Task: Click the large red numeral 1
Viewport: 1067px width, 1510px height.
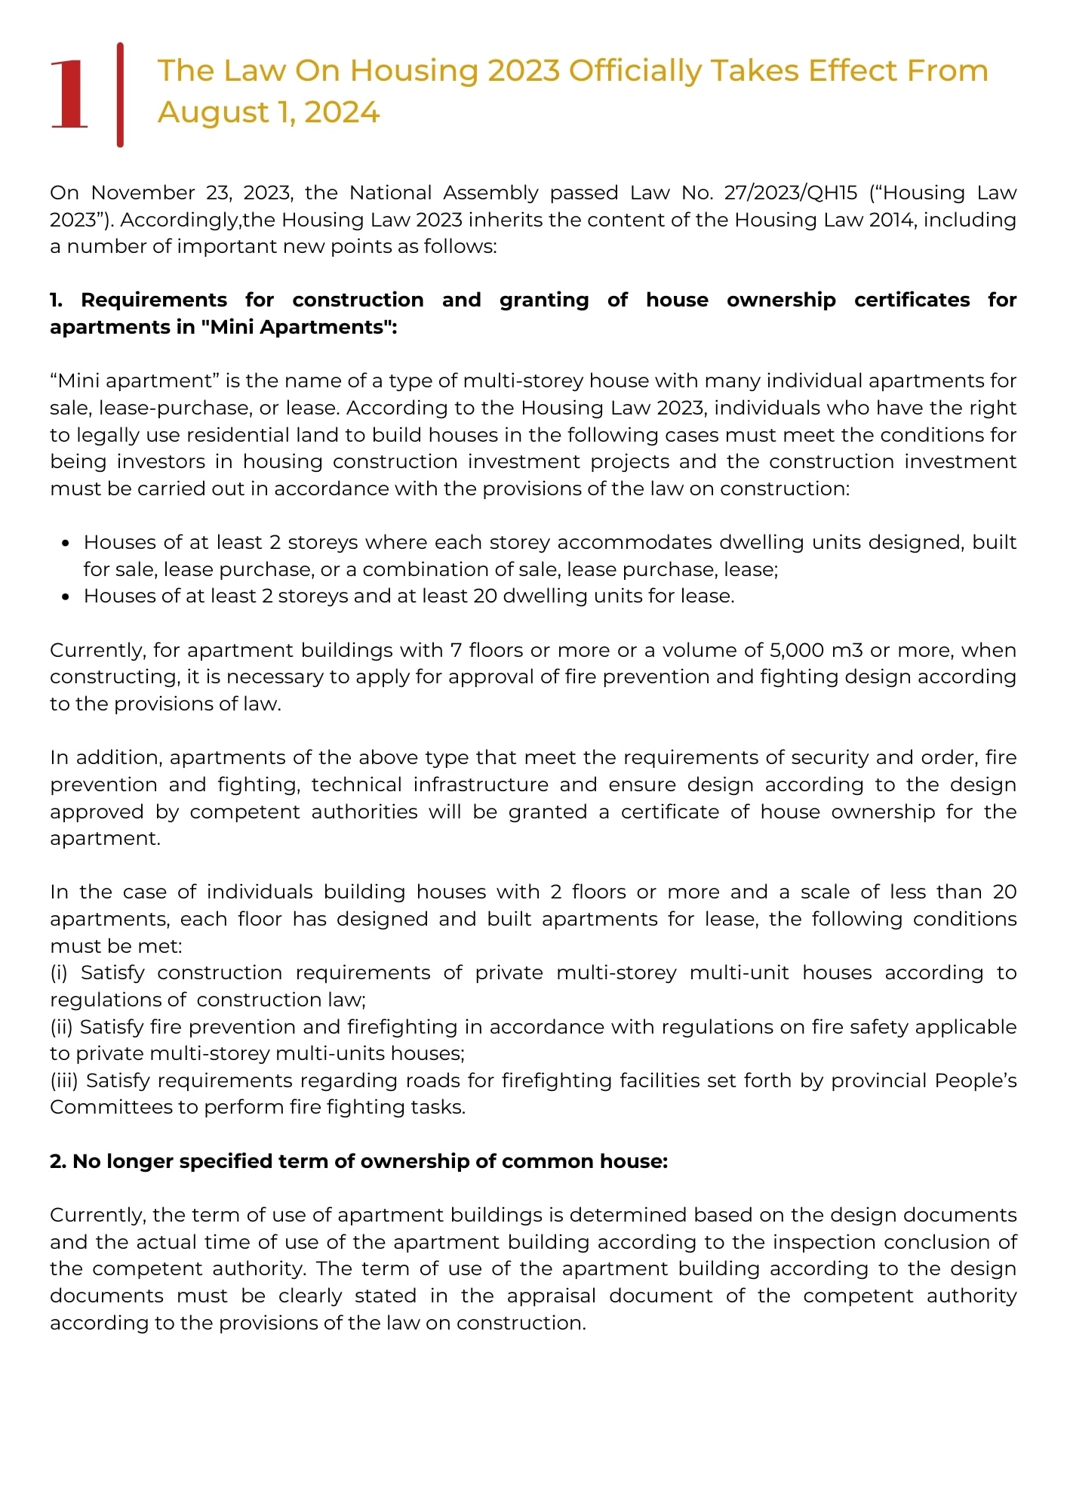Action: (69, 94)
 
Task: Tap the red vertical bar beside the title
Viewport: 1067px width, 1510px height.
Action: (120, 94)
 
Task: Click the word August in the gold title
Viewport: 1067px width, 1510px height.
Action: (214, 112)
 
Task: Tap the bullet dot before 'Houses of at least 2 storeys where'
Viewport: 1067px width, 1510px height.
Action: (66, 543)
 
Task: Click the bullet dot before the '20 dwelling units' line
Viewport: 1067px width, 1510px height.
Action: (66, 596)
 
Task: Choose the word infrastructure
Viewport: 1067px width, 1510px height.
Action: (481, 784)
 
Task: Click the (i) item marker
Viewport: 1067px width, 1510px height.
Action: (59, 972)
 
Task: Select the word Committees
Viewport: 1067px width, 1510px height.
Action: (100, 1107)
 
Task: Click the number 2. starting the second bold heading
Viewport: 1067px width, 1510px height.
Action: (58, 1161)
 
